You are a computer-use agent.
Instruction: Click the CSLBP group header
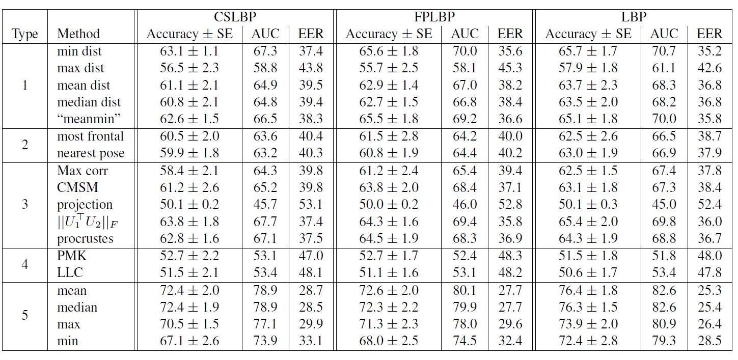(x=235, y=17)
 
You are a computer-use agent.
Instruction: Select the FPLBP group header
(x=434, y=17)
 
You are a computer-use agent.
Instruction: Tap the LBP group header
(x=634, y=17)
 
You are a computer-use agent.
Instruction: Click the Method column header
(x=78, y=34)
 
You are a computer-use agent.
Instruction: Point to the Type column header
(x=25, y=34)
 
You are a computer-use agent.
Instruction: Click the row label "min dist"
(x=79, y=51)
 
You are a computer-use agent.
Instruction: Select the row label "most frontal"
(x=90, y=136)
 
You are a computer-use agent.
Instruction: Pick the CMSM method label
(x=77, y=187)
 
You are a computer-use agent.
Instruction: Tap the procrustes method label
(x=85, y=238)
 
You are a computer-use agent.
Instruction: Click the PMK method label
(x=71, y=256)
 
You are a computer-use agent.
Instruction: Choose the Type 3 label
(x=25, y=205)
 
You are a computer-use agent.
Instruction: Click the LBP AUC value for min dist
(x=664, y=51)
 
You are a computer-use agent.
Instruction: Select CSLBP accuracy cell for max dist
(x=189, y=68)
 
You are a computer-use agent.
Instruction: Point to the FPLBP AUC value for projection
(x=464, y=205)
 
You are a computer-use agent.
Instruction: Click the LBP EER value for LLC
(x=709, y=272)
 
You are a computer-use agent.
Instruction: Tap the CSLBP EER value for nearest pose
(x=311, y=153)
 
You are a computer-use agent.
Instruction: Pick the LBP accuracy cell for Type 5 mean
(x=588, y=291)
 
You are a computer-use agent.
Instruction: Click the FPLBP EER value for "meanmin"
(x=510, y=119)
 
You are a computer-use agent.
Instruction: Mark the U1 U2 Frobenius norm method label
(x=87, y=222)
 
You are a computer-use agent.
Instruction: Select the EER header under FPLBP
(x=510, y=34)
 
